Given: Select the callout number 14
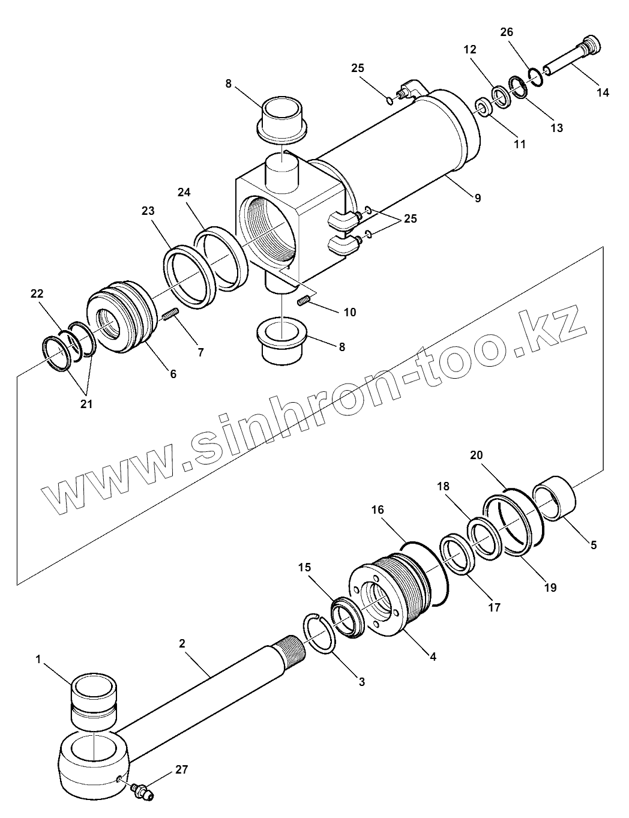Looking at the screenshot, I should click(603, 92).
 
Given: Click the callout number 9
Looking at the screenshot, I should click(478, 199).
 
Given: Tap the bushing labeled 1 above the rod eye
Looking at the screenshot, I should click(94, 699).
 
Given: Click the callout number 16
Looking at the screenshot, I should click(378, 510).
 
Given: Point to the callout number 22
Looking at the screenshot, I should click(37, 293).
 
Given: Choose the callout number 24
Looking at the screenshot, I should click(184, 193).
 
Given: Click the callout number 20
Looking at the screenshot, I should click(476, 456).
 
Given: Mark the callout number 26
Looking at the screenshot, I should click(507, 32).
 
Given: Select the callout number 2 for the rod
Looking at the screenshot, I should click(182, 643).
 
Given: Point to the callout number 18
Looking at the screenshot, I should click(443, 486).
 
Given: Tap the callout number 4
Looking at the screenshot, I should click(433, 656).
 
